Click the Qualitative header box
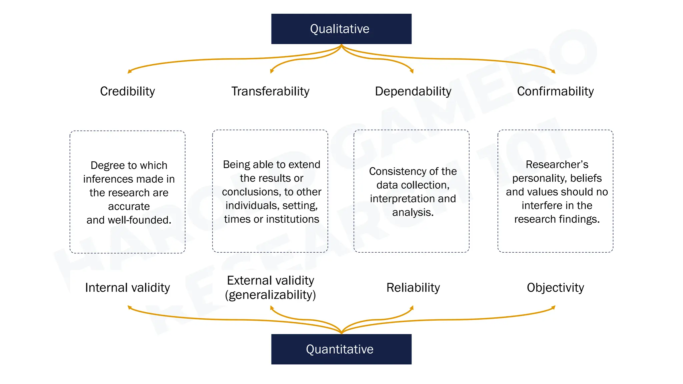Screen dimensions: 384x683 [341, 29]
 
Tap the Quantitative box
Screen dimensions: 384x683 [341, 349]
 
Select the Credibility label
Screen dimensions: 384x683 [127, 91]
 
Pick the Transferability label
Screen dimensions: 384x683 [270, 91]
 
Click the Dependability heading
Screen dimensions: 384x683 [413, 91]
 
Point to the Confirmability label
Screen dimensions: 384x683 [555, 91]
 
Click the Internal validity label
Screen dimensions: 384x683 [127, 288]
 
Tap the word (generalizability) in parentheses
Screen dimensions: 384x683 [270, 295]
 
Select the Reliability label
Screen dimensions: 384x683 [413, 288]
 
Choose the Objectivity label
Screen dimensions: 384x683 [555, 288]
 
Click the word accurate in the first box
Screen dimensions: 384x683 [129, 206]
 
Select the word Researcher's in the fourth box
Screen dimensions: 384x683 [557, 164]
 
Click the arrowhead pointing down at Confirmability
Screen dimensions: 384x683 [554, 71]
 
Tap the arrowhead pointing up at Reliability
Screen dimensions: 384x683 [412, 307]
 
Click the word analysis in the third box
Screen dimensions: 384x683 [412, 212]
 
